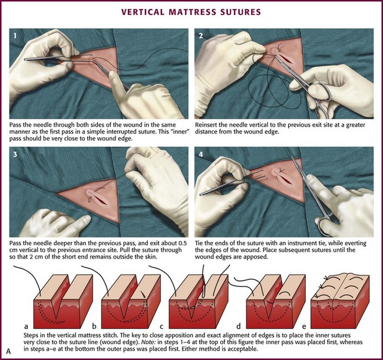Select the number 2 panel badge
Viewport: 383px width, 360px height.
(x=200, y=36)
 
